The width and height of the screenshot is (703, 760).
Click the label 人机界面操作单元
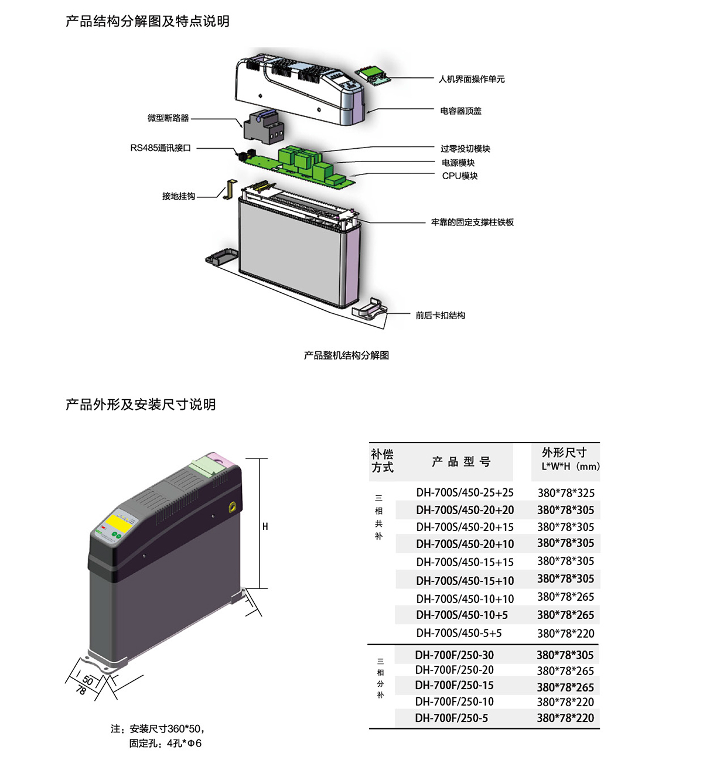pos(471,79)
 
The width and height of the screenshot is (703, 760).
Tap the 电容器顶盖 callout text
pos(460,111)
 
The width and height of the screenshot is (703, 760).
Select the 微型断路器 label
pos(168,118)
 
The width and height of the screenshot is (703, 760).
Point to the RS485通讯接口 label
pos(161,148)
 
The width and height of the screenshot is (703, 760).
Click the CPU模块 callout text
pos(460,176)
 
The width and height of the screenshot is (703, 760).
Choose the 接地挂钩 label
pos(179,196)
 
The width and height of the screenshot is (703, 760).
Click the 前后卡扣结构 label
pos(441,316)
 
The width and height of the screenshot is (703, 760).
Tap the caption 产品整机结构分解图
pos(346,355)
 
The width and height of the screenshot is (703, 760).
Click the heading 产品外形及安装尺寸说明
pos(141,405)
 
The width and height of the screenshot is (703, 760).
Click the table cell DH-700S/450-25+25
pos(465,493)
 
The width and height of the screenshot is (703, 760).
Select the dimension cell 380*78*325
pos(565,493)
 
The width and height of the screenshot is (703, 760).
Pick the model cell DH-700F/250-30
pos(454,655)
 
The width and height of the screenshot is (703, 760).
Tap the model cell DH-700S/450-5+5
pos(459,633)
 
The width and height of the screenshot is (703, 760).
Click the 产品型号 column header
pos(461,462)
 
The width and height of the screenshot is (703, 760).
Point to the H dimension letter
pos(265,526)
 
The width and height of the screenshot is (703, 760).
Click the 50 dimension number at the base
pos(88,680)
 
